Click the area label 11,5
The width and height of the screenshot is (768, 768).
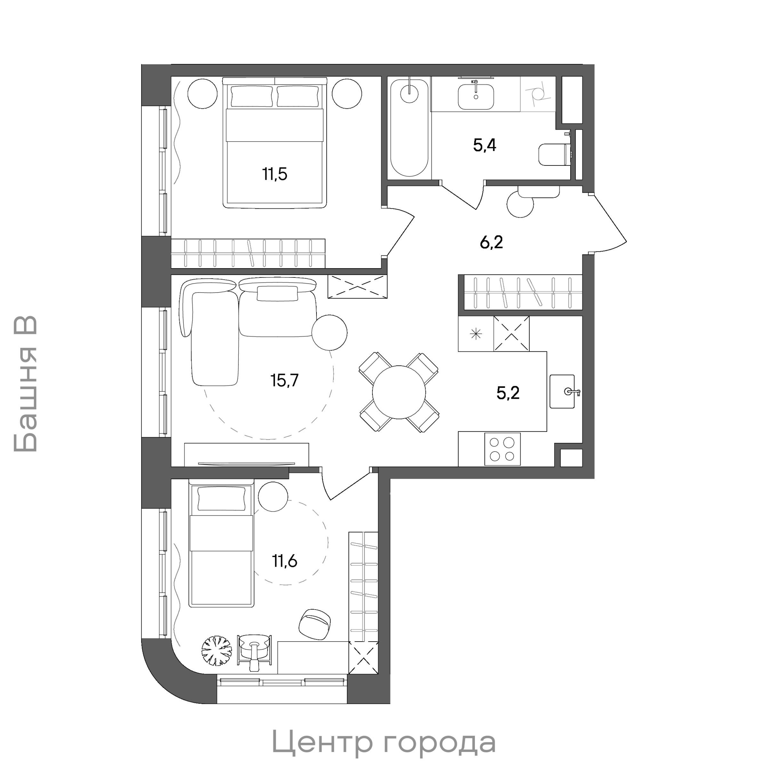click(x=275, y=174)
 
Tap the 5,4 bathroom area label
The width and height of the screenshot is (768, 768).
click(x=484, y=146)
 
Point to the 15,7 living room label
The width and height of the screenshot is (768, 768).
click(x=284, y=380)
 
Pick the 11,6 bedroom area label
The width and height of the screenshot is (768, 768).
click(x=284, y=561)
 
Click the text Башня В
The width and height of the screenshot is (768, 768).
click(x=26, y=384)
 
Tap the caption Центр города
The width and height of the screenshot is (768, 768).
click(x=384, y=741)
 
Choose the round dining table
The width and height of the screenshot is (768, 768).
click(x=399, y=392)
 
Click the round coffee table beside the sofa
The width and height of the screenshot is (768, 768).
click(x=329, y=332)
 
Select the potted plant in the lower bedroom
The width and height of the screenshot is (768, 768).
click(x=216, y=650)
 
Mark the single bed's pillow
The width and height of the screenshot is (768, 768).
click(x=221, y=499)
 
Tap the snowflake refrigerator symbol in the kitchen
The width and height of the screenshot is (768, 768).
click(x=476, y=334)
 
